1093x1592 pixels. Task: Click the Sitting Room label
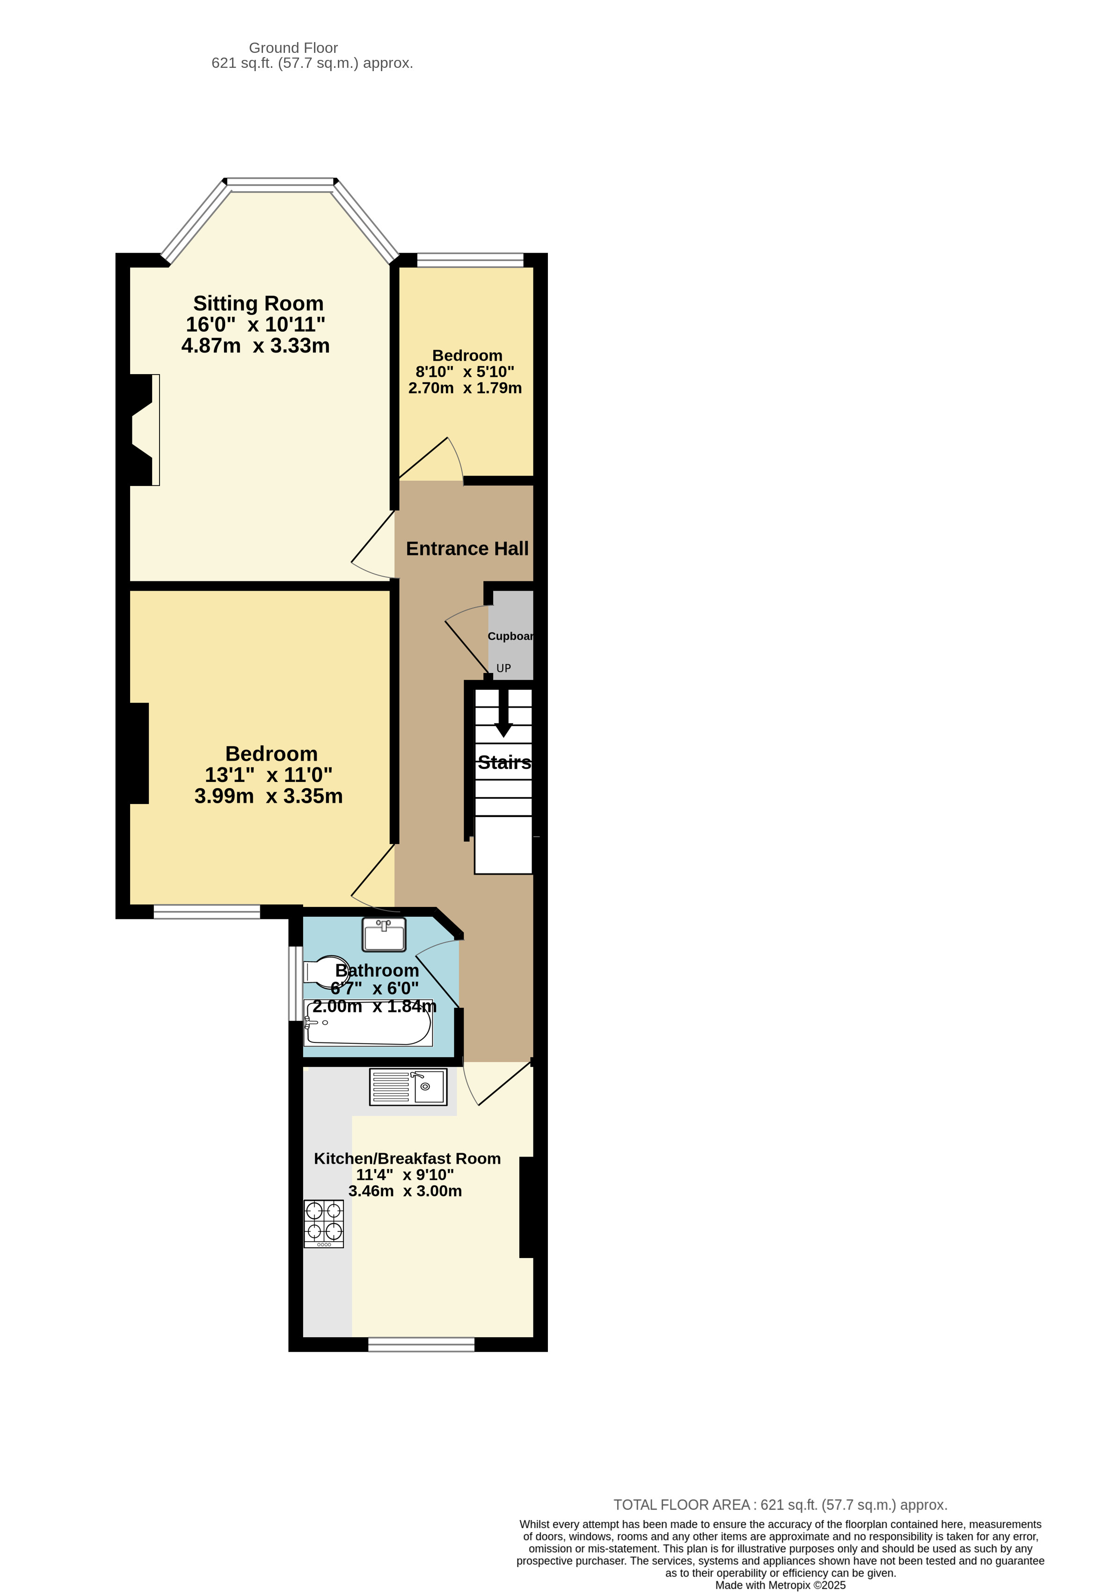(x=258, y=304)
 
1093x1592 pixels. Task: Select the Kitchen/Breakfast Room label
(x=407, y=1158)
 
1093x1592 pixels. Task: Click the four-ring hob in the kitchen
(x=323, y=1223)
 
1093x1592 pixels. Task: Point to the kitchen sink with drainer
(x=408, y=1086)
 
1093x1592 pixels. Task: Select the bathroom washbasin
(x=384, y=934)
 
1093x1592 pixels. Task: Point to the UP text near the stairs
(x=503, y=669)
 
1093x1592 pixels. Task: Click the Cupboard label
(x=510, y=637)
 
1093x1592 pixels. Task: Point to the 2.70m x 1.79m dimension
(x=465, y=388)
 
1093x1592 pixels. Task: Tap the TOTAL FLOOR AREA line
(x=780, y=1505)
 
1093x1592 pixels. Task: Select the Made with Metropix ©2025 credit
(x=780, y=1585)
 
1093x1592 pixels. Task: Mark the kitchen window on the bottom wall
(x=421, y=1344)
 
